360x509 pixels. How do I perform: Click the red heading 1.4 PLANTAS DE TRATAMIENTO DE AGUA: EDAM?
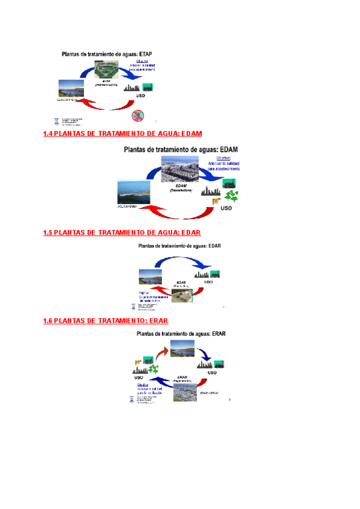(x=122, y=133)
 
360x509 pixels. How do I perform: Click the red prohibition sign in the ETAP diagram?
(x=139, y=115)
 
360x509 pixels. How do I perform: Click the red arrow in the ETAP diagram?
(x=108, y=106)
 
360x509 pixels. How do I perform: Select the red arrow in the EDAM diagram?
(x=180, y=214)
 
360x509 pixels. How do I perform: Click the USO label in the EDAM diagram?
(x=226, y=208)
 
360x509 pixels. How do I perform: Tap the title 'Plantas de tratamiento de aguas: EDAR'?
(x=181, y=245)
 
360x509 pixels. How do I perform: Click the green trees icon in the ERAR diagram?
(x=155, y=368)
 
